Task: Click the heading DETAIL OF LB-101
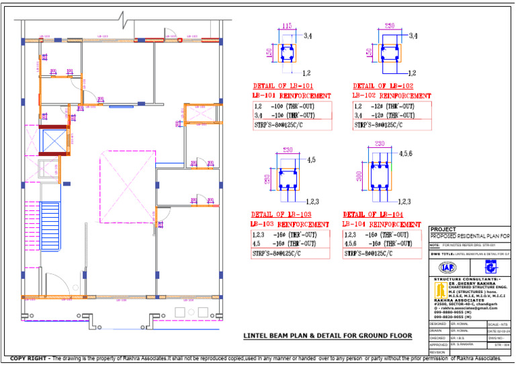pos(283,86)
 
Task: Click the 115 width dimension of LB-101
pos(287,26)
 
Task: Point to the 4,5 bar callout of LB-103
pos(311,160)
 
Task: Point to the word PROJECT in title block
pos(443,230)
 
